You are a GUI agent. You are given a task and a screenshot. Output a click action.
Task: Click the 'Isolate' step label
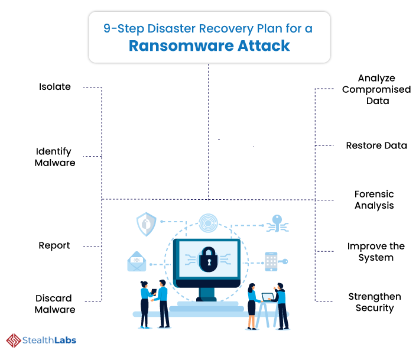pyautogui.click(x=55, y=87)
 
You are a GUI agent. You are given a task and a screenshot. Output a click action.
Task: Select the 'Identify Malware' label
pyautogui.click(x=55, y=157)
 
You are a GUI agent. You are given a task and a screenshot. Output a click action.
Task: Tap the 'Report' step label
pyautogui.click(x=54, y=245)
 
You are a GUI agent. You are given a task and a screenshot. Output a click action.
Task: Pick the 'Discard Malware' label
pyautogui.click(x=55, y=304)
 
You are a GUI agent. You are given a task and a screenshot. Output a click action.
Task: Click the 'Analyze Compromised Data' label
pyautogui.click(x=376, y=89)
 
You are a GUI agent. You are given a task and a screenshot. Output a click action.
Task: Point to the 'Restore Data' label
pyautogui.click(x=376, y=145)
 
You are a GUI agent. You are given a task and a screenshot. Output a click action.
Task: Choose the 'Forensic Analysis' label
pyautogui.click(x=374, y=200)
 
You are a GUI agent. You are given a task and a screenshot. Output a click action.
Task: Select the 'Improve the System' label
pyautogui.click(x=376, y=252)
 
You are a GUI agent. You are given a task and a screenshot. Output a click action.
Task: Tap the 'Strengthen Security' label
pyautogui.click(x=375, y=302)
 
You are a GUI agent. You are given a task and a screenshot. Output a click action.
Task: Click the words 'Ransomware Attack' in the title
pyautogui.click(x=209, y=46)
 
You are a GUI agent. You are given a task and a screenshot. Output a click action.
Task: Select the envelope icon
pyautogui.click(x=137, y=261)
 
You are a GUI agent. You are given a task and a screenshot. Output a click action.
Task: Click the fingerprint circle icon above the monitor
pyautogui.click(x=208, y=223)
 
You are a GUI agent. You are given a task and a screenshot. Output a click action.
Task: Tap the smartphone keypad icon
pyautogui.click(x=271, y=261)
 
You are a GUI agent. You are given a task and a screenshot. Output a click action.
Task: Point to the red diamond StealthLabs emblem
pyautogui.click(x=14, y=340)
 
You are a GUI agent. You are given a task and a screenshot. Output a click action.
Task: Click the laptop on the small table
pyautogui.click(x=267, y=297)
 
